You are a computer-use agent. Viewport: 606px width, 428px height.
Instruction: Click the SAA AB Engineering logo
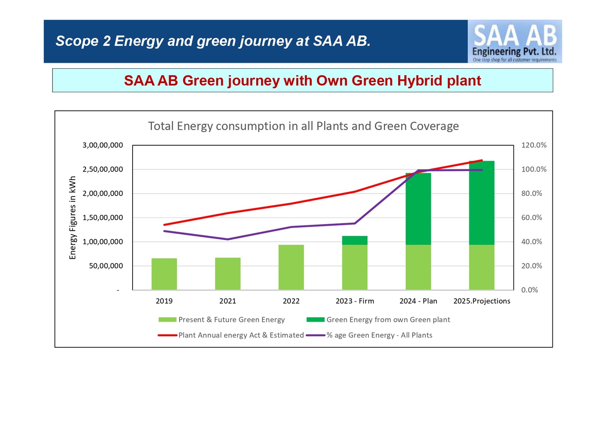514,42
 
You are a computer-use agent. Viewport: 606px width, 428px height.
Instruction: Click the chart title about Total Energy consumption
303,126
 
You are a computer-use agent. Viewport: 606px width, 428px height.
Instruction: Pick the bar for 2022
291,267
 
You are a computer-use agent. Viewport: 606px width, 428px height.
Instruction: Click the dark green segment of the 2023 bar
355,240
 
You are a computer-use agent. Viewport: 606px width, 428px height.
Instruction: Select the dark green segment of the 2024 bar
418,209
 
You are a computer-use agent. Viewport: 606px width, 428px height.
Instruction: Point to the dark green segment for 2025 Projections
482,203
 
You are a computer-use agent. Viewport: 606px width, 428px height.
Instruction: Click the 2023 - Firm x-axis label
355,301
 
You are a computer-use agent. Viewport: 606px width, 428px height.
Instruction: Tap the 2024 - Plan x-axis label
418,301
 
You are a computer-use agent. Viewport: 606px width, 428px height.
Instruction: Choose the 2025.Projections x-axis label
482,301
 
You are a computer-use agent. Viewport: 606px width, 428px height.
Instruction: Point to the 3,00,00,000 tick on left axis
103,145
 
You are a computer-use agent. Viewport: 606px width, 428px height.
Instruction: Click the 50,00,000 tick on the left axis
106,266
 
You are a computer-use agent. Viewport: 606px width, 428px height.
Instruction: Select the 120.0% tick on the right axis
534,145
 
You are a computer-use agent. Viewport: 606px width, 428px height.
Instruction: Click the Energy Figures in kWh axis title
73,218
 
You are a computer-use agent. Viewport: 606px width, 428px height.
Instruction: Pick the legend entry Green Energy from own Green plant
388,320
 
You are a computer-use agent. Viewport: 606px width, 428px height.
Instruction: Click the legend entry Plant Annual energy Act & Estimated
241,335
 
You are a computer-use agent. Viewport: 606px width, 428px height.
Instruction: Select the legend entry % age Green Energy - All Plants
379,335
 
